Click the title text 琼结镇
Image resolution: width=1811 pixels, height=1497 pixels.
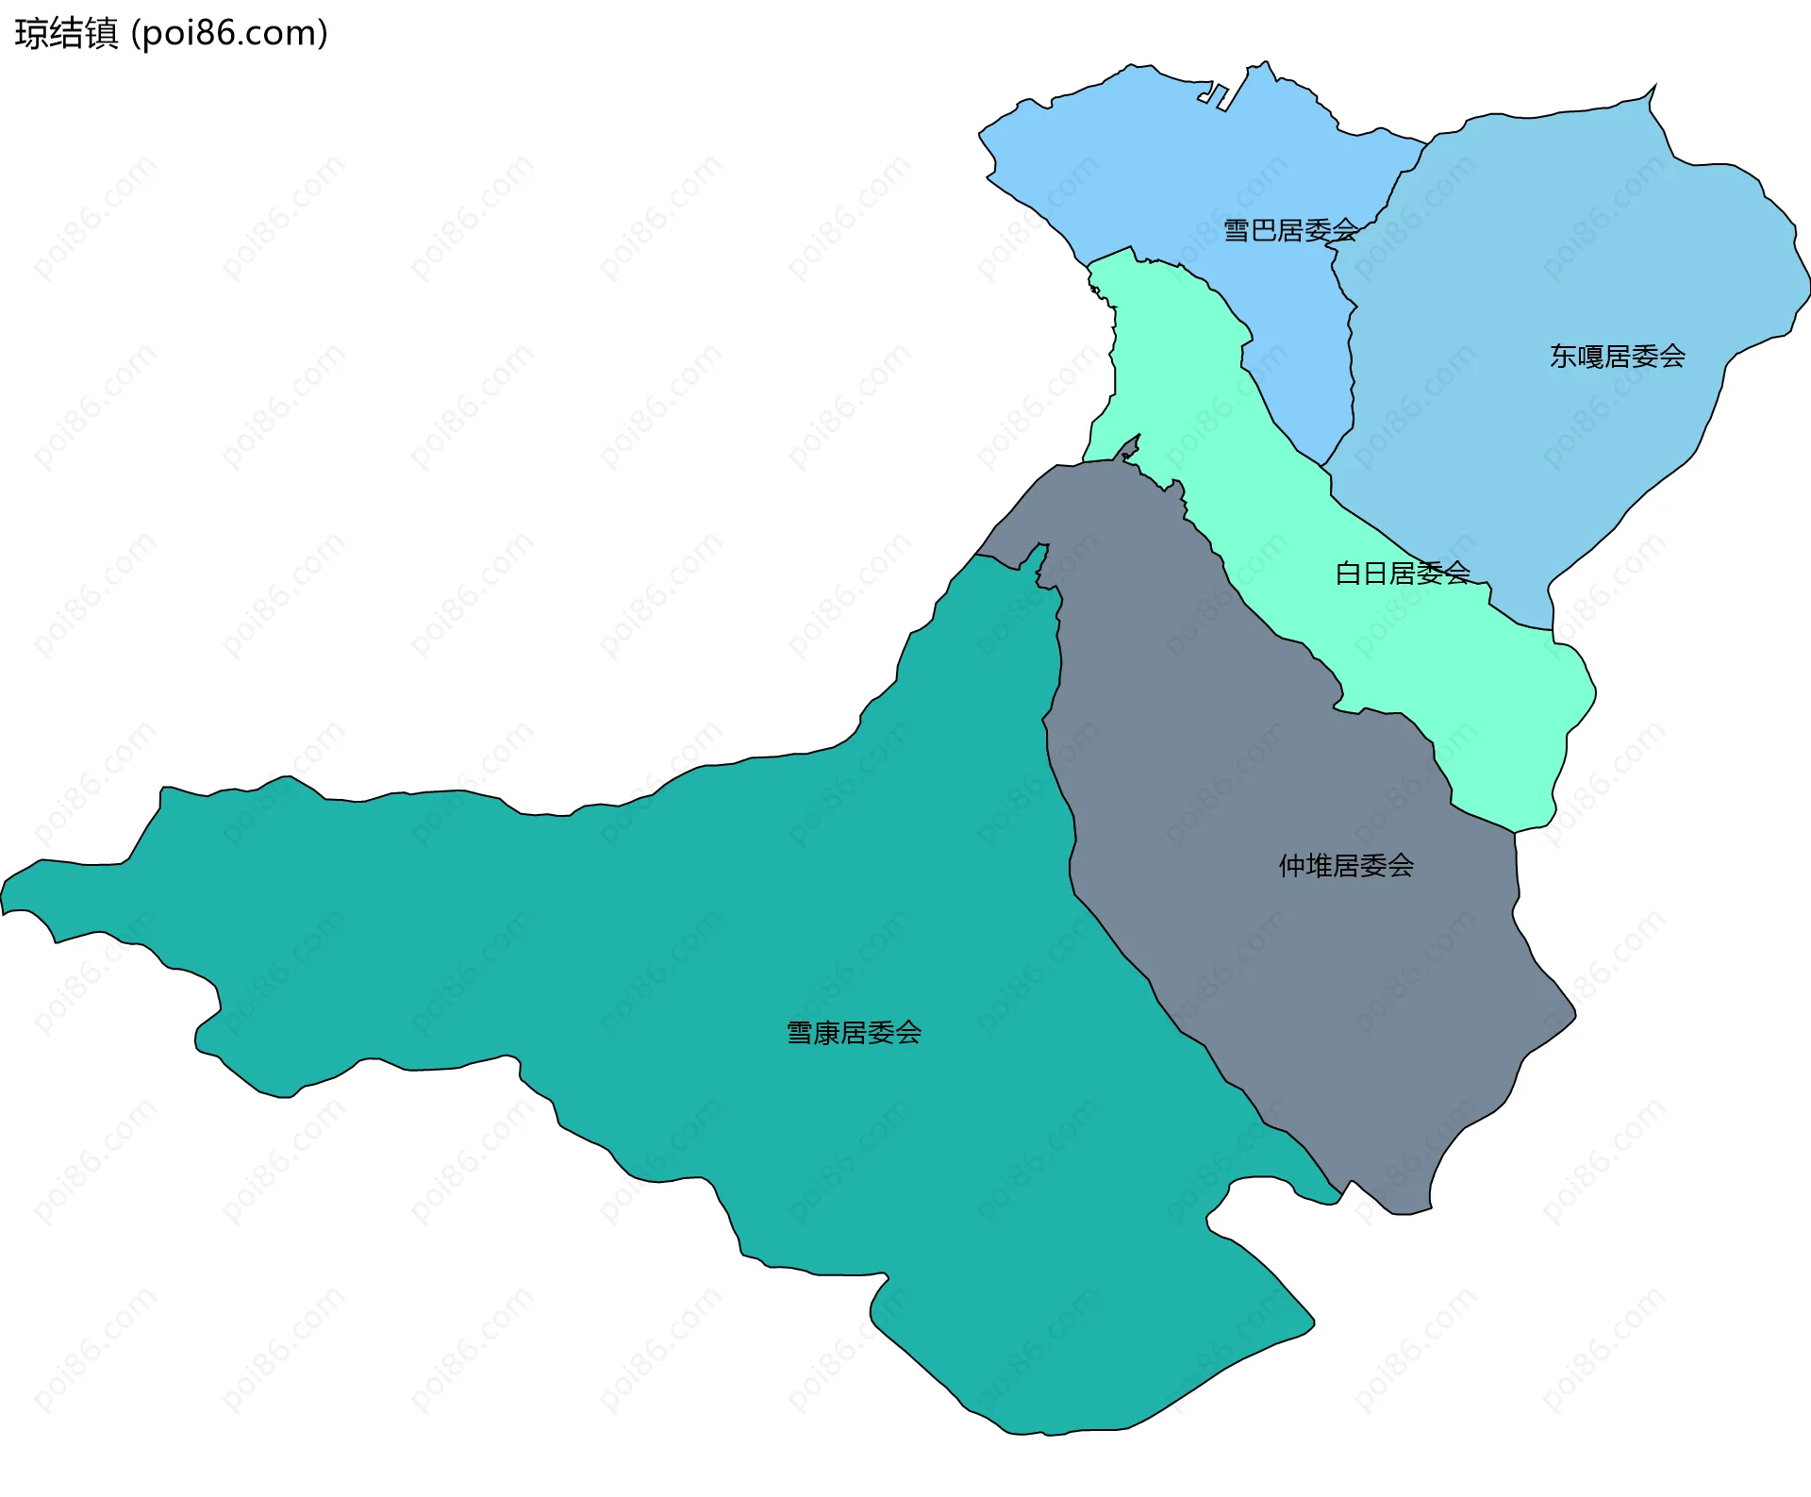(x=66, y=34)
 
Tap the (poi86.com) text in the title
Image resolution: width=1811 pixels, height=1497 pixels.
(x=229, y=34)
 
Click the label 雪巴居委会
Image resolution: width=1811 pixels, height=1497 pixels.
(x=1289, y=230)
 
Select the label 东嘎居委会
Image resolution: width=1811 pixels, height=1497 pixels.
(x=1617, y=357)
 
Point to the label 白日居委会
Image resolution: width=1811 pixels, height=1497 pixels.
(x=1402, y=573)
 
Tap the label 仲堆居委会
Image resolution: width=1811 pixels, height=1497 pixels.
(x=1346, y=866)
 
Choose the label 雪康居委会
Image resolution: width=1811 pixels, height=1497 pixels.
(x=854, y=1033)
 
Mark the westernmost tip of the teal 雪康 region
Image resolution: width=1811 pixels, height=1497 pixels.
(x=4, y=901)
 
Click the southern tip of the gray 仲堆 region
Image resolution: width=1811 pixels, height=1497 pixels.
(x=1405, y=1212)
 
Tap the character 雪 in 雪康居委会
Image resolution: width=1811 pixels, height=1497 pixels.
(x=800, y=1033)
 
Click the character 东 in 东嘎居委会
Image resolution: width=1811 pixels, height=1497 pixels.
(x=1563, y=357)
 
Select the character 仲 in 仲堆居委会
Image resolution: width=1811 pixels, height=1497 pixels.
(x=1292, y=866)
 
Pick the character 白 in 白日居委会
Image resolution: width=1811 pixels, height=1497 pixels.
(x=1348, y=573)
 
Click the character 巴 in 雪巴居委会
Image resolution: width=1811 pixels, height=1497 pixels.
(x=1263, y=230)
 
